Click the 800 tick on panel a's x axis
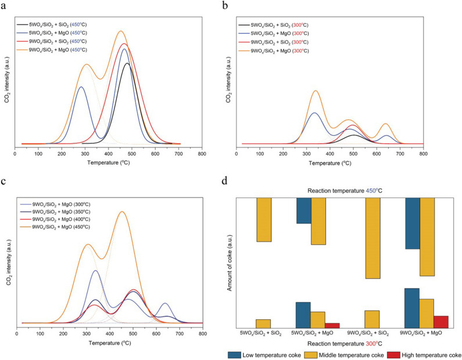202,154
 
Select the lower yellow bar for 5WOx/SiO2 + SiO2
263,324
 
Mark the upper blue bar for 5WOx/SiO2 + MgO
303,210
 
